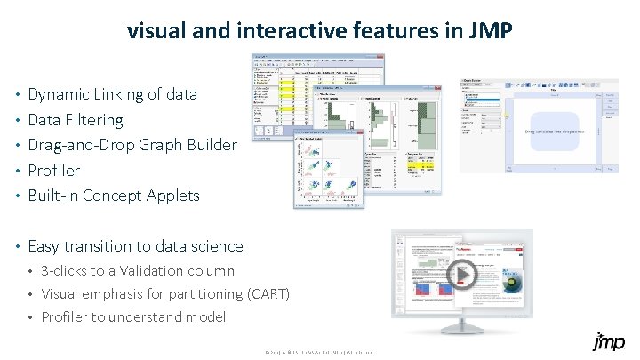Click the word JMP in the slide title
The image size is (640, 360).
coord(489,31)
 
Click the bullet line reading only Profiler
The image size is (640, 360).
coord(53,170)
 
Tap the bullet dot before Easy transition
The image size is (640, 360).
coord(19,246)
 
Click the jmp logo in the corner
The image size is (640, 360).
coord(607,342)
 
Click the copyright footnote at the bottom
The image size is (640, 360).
coord(320,353)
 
